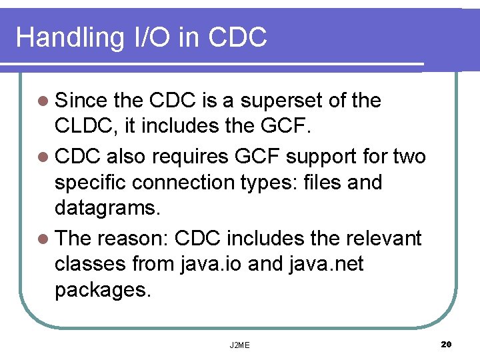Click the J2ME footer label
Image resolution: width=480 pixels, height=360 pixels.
coord(240,345)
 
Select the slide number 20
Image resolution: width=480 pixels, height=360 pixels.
coord(447,344)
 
